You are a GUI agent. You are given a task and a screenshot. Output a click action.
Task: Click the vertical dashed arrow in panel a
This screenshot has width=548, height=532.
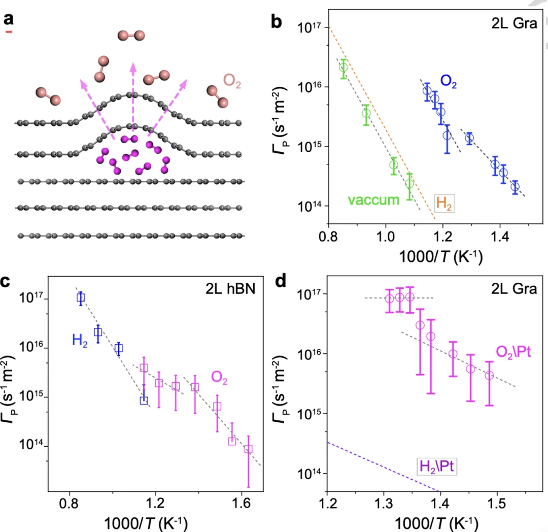133,96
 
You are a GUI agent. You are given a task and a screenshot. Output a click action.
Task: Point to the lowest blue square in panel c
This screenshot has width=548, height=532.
144,400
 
